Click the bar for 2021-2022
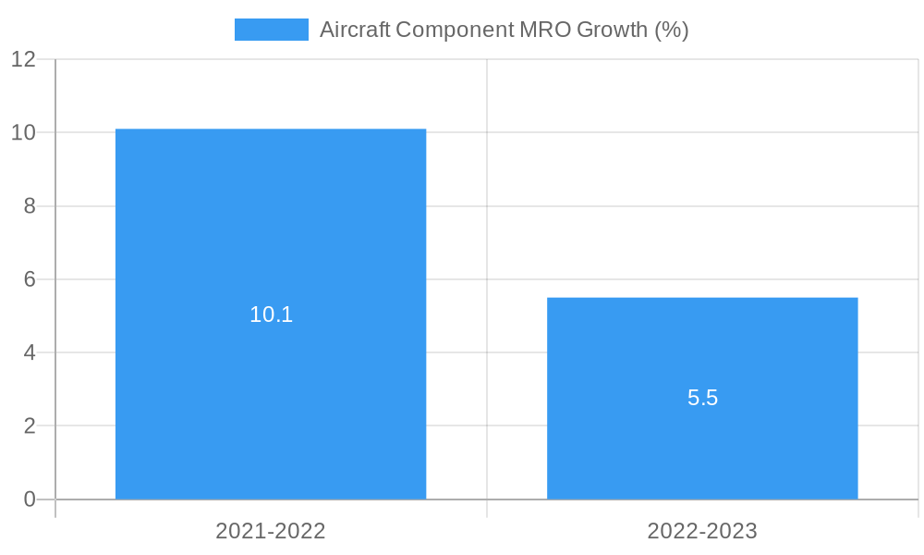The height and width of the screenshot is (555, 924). pos(271,231)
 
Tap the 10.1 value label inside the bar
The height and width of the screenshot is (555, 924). pos(271,314)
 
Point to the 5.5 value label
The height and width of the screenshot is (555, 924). pos(702,398)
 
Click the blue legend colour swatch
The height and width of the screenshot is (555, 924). pos(271,30)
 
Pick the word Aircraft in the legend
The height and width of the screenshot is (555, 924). pos(355,30)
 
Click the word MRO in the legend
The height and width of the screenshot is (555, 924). pos(545,30)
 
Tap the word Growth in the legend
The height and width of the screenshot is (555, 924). pos(613,30)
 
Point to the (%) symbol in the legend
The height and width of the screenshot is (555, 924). pos(672,30)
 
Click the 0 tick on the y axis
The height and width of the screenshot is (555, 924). pos(30,499)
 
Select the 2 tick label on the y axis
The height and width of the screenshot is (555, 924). pos(30,426)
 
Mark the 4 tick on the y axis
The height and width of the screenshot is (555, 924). pos(30,352)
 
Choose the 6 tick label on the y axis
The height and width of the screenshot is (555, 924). pos(30,279)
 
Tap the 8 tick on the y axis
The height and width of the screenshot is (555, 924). pos(30,206)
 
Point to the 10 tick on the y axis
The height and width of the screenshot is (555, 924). pos(24,132)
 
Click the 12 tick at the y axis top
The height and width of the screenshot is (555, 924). pos(24,59)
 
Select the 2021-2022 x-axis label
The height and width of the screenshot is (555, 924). pos(271,531)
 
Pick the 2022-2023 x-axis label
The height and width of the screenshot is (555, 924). pos(702,531)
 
